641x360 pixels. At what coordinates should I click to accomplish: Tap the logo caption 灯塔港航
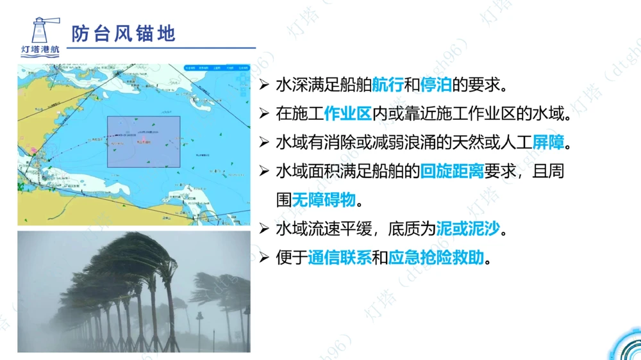[x=39, y=49]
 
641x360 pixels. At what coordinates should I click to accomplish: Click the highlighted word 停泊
[x=436, y=85]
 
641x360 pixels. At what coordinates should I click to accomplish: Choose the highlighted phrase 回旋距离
[x=452, y=172]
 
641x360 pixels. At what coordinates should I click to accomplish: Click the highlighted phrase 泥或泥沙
[x=467, y=229]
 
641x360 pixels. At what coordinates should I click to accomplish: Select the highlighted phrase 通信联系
[x=339, y=258]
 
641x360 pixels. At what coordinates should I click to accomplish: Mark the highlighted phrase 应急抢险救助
[x=437, y=258]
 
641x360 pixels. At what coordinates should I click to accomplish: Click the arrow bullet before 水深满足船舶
[x=264, y=85]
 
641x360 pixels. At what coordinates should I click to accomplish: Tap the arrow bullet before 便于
[x=264, y=258]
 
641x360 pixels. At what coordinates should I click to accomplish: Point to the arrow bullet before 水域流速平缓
[x=264, y=229]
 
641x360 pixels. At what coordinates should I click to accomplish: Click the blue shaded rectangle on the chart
[x=144, y=142]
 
